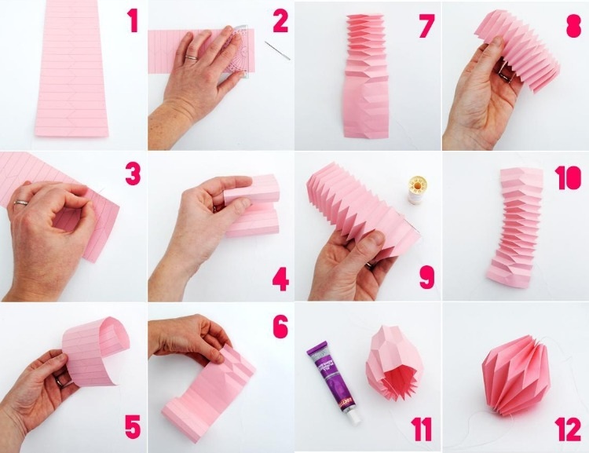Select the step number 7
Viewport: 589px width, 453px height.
pos(426,26)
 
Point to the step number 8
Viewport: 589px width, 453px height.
pos(573,25)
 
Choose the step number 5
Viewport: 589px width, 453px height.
pos(133,427)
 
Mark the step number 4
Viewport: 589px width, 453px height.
pos(280,279)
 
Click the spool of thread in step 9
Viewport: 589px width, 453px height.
pos(415,190)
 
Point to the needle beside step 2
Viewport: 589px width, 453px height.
pos(277,50)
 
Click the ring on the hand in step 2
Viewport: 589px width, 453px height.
pos(192,57)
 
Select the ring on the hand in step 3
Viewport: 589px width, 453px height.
pos(21,203)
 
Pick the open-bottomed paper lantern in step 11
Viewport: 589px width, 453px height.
pos(394,366)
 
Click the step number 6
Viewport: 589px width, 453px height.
pos(280,326)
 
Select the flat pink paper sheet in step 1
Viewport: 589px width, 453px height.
pos(71,68)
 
